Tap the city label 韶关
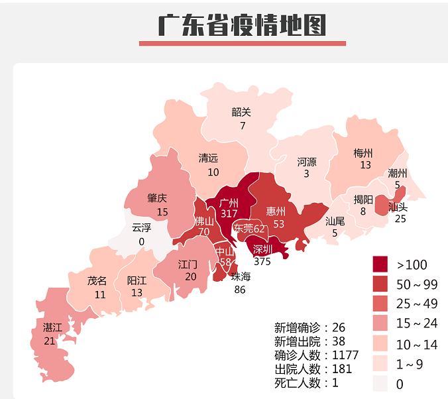click(241, 112)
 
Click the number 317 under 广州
click(229, 214)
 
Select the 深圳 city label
click(262, 249)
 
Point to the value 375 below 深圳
click(262, 261)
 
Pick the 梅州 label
click(363, 153)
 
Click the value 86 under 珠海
click(239, 289)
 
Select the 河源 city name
click(307, 161)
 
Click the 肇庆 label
click(157, 198)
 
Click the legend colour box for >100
click(380, 264)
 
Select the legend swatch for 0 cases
click(380, 384)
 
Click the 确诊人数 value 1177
click(344, 355)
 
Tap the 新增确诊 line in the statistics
click(309, 327)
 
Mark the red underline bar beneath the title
click(242, 44)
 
